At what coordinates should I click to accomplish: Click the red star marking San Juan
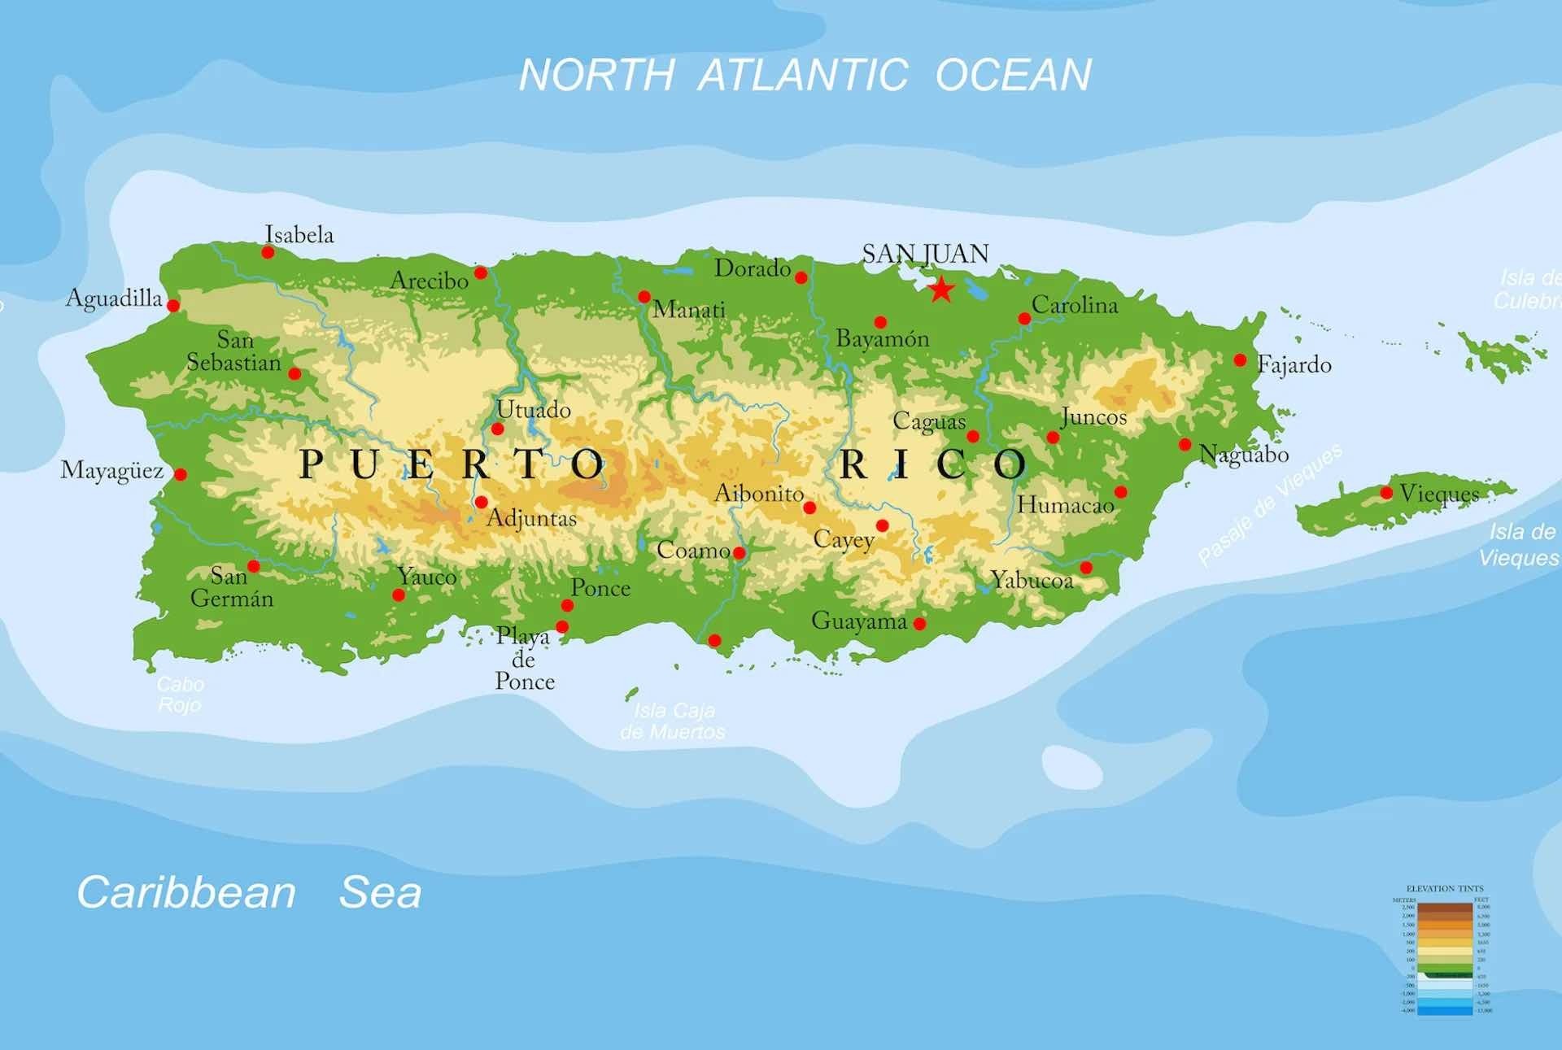coord(941,289)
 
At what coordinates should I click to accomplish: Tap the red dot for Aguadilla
coord(173,305)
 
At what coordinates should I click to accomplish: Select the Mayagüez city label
coord(112,471)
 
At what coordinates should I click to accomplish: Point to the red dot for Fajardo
coord(1240,359)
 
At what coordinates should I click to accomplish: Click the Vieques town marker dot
coord(1386,492)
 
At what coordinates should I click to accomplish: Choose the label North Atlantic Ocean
coord(805,75)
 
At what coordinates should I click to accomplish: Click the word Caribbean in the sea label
coord(186,892)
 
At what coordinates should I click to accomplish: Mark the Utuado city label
coord(534,409)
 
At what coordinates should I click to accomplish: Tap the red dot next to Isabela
coord(268,252)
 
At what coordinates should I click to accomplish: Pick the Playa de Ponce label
coord(525,659)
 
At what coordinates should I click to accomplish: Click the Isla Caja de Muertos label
coord(673,721)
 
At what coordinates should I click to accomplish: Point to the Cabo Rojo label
coord(180,694)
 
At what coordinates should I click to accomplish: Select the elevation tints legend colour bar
coord(1445,957)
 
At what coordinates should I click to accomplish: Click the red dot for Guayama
coord(919,624)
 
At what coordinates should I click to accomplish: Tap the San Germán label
coord(232,587)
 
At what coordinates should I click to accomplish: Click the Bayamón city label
coord(883,338)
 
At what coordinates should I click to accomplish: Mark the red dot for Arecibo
coord(481,272)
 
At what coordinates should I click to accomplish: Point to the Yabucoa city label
coord(1032,580)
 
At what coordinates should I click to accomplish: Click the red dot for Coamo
coord(739,553)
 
